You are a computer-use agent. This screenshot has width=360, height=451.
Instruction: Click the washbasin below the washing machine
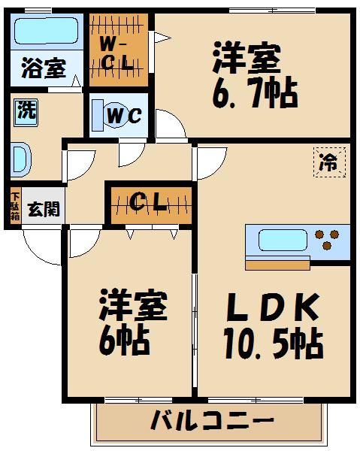click(x=20, y=160)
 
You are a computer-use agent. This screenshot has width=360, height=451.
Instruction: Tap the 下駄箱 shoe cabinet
click(x=15, y=206)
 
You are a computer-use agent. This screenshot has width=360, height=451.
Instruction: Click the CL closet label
click(x=148, y=203)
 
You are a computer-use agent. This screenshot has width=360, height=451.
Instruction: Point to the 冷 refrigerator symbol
click(x=328, y=160)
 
